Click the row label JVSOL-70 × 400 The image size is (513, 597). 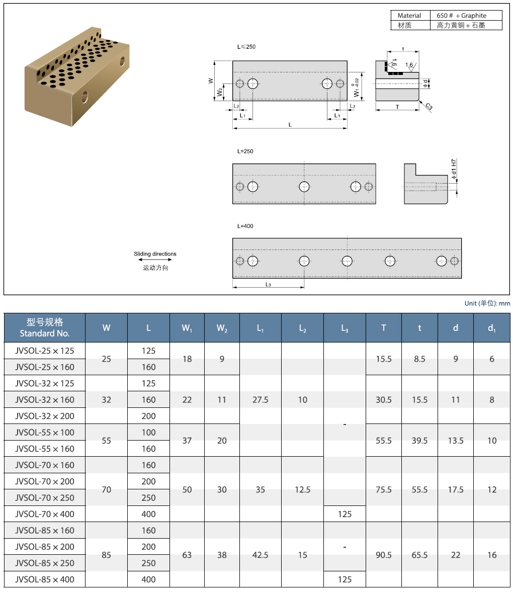(x=45, y=514)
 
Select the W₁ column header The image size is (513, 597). (x=187, y=328)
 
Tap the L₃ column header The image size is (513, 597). (x=345, y=328)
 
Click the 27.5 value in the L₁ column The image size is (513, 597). (x=260, y=400)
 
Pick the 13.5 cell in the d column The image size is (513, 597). (x=456, y=441)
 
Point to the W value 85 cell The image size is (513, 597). (x=106, y=555)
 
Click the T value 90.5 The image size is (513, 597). (x=384, y=555)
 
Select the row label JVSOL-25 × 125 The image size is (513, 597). (x=45, y=351)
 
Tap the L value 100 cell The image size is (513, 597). (x=148, y=433)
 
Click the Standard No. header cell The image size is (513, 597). (x=45, y=328)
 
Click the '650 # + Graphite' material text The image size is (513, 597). (x=461, y=16)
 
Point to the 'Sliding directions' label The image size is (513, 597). (x=155, y=254)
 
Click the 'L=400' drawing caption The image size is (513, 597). (x=245, y=226)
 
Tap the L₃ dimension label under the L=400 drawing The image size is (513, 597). (x=269, y=285)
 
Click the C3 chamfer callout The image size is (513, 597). (x=429, y=107)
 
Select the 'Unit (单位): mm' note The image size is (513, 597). (x=487, y=303)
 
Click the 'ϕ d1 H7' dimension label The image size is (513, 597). (x=454, y=169)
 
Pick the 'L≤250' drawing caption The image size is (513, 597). (x=246, y=47)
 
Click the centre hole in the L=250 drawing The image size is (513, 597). (x=304, y=187)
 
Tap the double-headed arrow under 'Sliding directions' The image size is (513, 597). (x=155, y=260)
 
